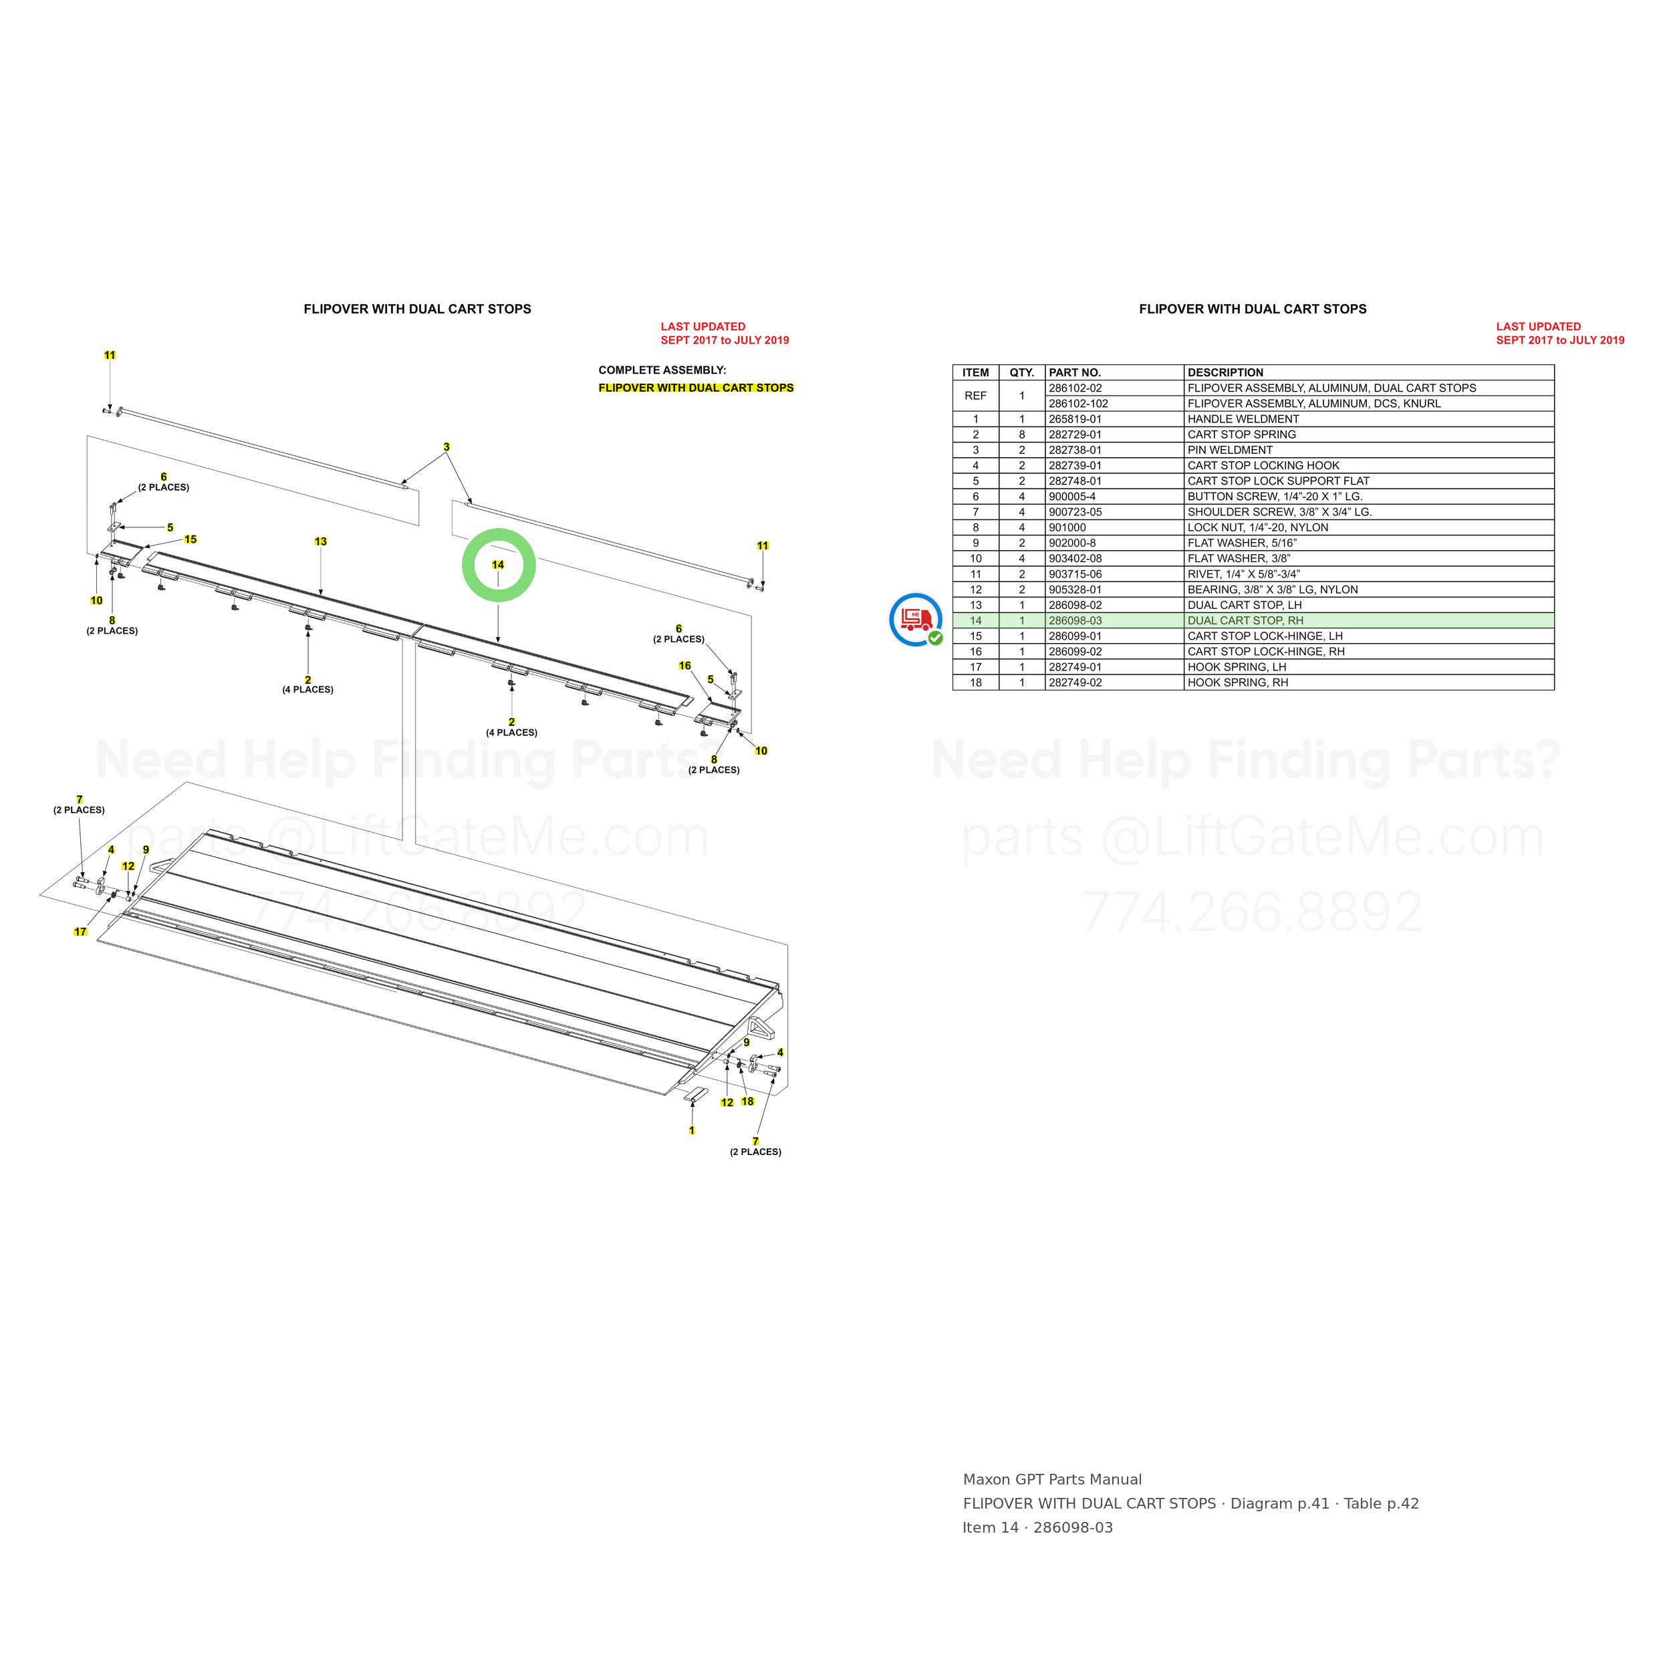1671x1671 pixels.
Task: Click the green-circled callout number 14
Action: pos(497,565)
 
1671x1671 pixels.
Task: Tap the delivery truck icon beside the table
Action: pos(916,620)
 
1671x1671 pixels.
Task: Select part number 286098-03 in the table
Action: pos(1075,621)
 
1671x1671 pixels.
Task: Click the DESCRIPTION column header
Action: pos(1225,373)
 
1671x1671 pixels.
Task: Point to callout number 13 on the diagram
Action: pos(321,541)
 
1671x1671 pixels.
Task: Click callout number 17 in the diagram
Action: pos(80,932)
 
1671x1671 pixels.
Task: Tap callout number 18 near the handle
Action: pos(747,1101)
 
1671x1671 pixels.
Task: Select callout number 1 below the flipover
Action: pos(691,1130)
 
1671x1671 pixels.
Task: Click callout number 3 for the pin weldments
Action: pos(446,447)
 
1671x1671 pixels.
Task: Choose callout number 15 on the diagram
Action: pos(190,539)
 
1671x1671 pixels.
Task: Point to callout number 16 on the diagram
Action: pos(685,666)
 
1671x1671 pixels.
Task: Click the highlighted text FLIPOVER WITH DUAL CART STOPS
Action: pos(696,388)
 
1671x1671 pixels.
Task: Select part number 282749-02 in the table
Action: pos(1075,683)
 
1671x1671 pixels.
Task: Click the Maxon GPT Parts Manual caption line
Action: pos(1053,1480)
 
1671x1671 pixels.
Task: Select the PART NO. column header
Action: pos(1075,373)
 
